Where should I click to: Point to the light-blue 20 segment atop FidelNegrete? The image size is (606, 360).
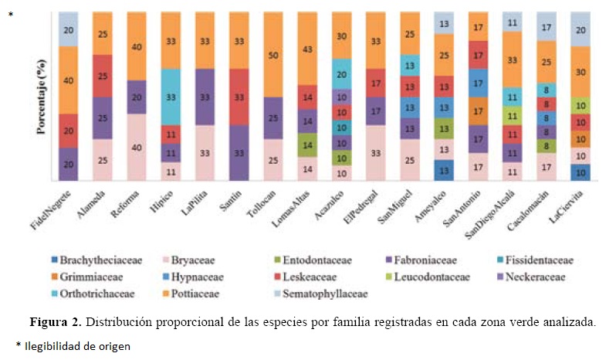pyautogui.click(x=69, y=29)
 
